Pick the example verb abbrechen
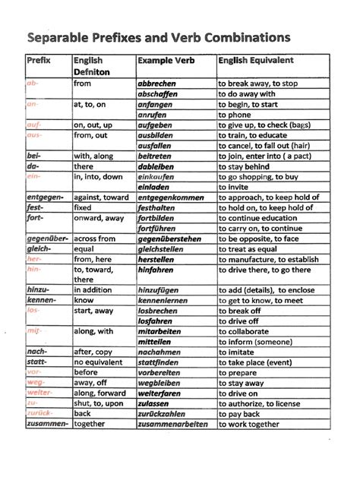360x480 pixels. point(156,84)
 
